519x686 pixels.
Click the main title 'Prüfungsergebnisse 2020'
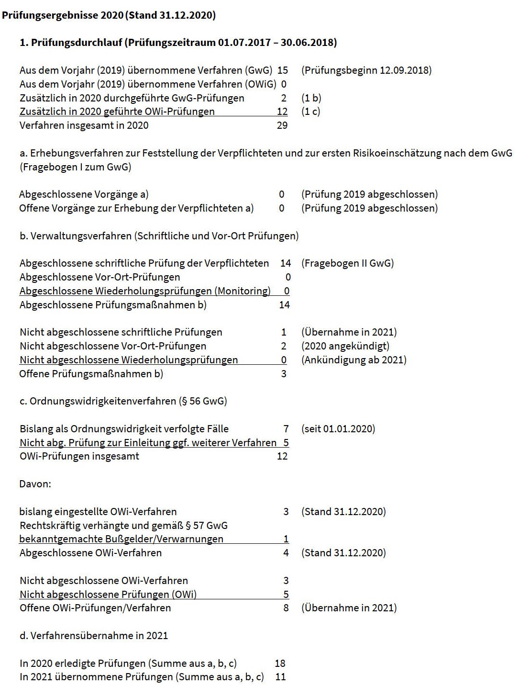[62, 15]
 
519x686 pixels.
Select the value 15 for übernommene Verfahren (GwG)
[283, 70]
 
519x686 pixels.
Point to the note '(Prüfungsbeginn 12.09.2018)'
[366, 70]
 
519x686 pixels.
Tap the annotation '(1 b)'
[311, 98]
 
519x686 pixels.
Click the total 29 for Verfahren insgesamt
[282, 125]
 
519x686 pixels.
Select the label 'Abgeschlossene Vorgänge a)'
[84, 194]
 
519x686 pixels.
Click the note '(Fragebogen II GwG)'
[348, 263]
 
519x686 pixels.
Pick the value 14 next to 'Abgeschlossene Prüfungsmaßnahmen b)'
[285, 305]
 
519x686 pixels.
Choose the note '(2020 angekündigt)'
[345, 346]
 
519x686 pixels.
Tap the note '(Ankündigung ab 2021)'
[354, 360]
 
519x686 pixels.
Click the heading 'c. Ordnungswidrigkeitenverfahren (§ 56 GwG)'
[123, 401]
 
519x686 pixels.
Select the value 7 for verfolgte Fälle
[286, 429]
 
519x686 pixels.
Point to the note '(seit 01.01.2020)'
[338, 429]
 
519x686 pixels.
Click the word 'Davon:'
[35, 484]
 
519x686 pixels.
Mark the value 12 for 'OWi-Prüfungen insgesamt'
[282, 456]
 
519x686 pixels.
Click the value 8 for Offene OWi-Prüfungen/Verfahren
[286, 608]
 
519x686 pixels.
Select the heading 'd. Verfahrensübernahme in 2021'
[94, 636]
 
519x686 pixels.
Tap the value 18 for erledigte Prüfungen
[280, 664]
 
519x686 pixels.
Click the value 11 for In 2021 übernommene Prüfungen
[280, 677]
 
